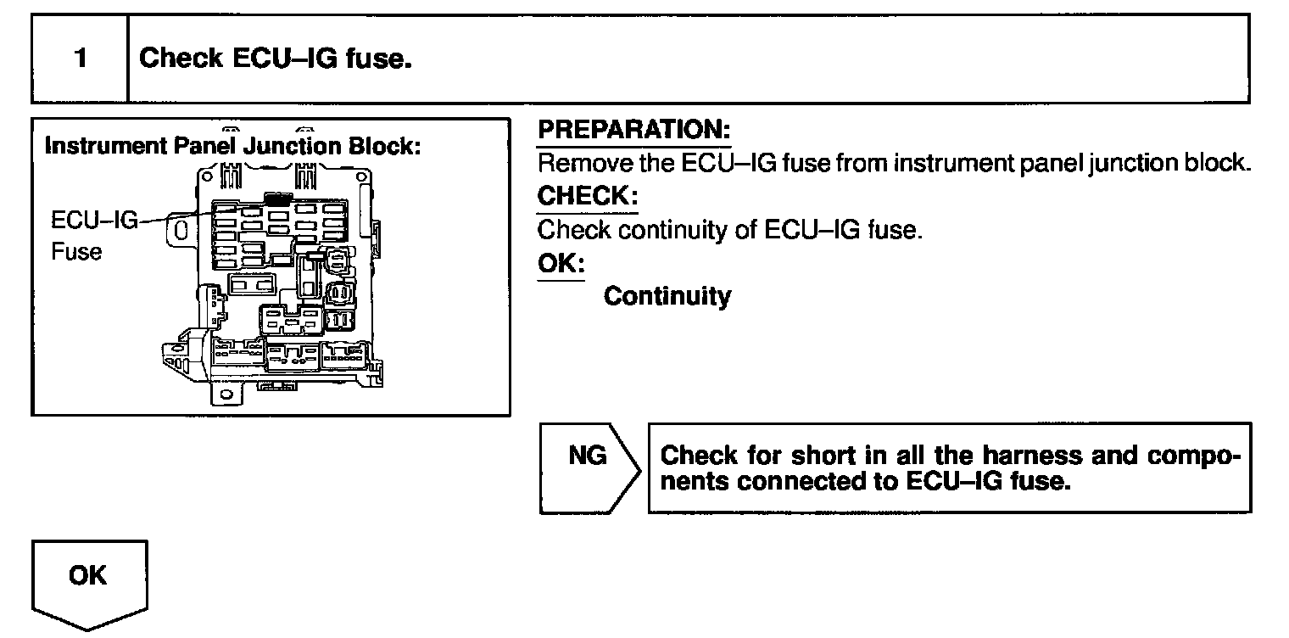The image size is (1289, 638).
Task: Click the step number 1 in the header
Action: [80, 59]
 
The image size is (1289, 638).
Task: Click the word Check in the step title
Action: [181, 58]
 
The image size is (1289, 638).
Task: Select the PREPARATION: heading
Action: [633, 131]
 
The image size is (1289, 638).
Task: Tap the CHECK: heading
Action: [587, 196]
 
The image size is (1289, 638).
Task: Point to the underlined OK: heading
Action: [561, 263]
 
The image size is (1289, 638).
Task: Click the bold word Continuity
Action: [667, 296]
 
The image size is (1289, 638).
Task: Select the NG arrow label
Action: [588, 456]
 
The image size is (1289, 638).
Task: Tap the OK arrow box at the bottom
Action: [88, 577]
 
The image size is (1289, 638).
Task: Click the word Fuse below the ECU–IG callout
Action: [76, 252]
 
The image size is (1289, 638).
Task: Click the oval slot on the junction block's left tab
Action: [180, 231]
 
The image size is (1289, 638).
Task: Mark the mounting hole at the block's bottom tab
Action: [225, 395]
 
